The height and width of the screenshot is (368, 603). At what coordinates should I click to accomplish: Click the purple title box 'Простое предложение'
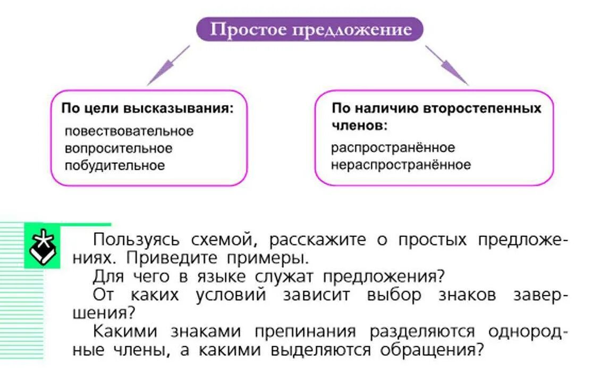(310, 29)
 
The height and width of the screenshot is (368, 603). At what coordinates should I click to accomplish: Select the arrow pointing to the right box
(447, 66)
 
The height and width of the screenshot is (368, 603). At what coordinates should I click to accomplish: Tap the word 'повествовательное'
(129, 130)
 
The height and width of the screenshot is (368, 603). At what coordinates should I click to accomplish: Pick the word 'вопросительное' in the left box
(118, 148)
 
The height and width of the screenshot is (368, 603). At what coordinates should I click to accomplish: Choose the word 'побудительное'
(115, 165)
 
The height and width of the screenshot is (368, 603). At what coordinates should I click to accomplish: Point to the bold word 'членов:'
(359, 126)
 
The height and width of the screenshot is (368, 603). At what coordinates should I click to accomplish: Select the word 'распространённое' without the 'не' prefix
(393, 147)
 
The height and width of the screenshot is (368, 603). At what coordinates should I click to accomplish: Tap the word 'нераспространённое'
(401, 165)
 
